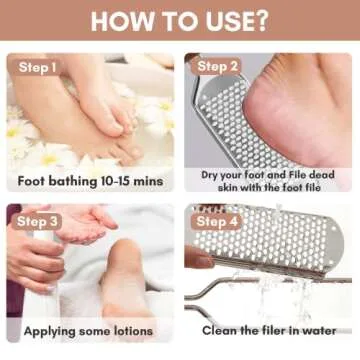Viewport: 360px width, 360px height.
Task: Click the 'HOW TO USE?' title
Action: click(x=180, y=21)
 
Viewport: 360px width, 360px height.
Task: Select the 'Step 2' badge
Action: click(x=218, y=67)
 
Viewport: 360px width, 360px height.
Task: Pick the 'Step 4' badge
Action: click(x=218, y=220)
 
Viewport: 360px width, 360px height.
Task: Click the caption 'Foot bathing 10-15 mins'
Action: click(x=91, y=182)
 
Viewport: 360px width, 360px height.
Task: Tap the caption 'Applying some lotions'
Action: click(x=91, y=329)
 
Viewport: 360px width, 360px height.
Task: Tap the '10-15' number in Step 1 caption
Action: click(x=117, y=182)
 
